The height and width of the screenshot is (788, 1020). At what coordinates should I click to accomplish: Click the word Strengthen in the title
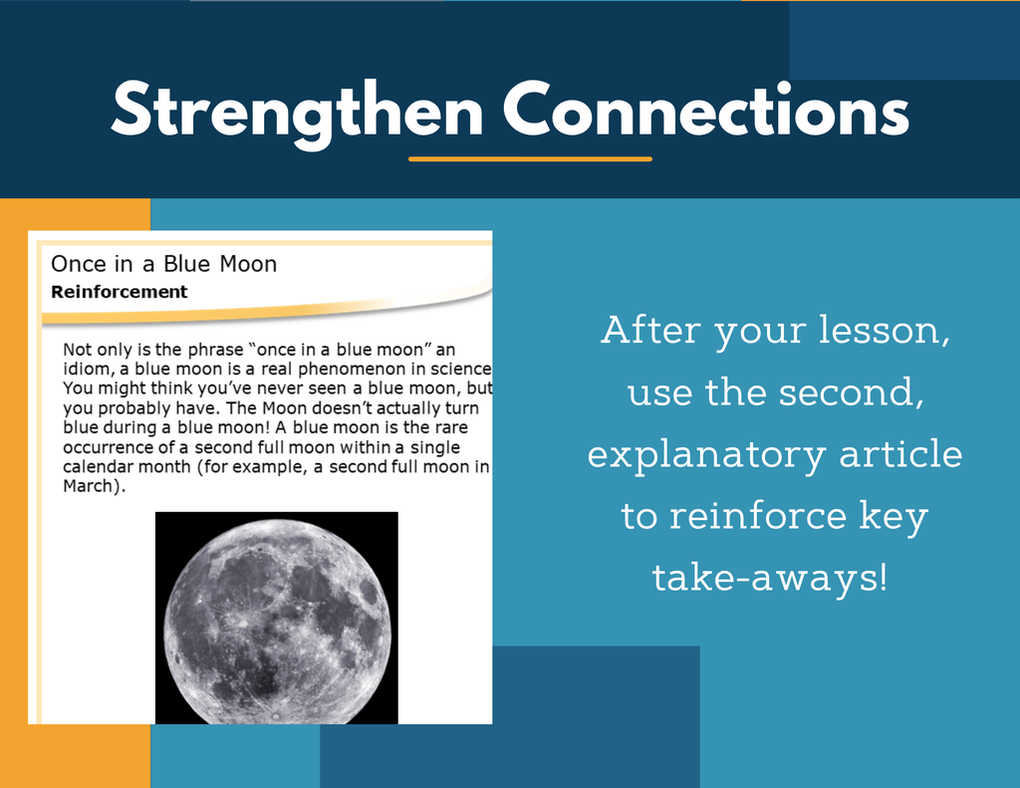(297, 113)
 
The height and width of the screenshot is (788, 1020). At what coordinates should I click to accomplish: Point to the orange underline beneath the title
(530, 158)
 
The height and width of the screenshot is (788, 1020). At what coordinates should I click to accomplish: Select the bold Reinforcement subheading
(120, 292)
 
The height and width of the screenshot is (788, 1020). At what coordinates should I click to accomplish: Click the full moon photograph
(277, 618)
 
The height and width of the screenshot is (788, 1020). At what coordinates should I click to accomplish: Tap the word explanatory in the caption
(707, 455)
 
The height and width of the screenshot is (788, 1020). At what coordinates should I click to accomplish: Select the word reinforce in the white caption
(758, 516)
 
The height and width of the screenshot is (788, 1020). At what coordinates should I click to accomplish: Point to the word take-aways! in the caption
(770, 578)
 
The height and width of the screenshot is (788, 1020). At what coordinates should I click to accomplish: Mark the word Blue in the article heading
(187, 264)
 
